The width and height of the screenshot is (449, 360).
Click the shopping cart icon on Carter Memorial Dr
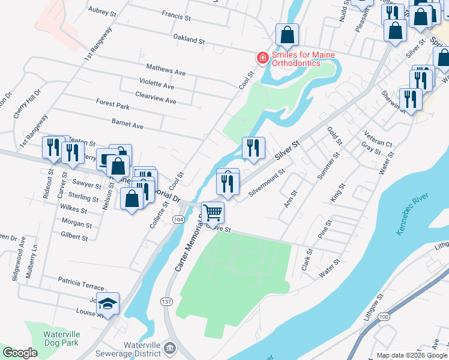[x=212, y=212]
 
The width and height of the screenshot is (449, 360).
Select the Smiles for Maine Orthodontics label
[x=303, y=59]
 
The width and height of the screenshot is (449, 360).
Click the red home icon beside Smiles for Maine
[x=262, y=58]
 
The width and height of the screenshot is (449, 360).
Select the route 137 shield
[x=167, y=302]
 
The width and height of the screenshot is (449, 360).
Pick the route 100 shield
[x=384, y=316]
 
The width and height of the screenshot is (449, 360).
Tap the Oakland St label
[x=189, y=39]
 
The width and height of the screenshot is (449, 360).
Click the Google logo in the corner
[x=20, y=353]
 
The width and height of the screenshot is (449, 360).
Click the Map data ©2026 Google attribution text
[x=411, y=355]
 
